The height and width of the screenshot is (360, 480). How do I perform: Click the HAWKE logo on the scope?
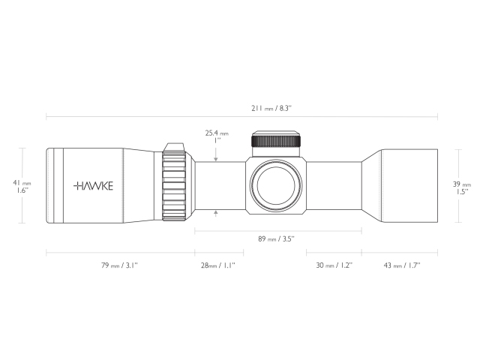coord(94,185)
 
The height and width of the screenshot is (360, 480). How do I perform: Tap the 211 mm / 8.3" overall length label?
coord(271,108)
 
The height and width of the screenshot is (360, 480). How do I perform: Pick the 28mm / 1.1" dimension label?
coord(219,265)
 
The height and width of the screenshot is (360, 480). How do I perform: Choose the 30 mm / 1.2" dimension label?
coord(334,265)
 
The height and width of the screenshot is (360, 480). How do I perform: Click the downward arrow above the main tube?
coord(217,158)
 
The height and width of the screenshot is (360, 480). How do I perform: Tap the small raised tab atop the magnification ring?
coord(175,145)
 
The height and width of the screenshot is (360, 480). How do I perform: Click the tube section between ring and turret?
coord(219,185)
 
